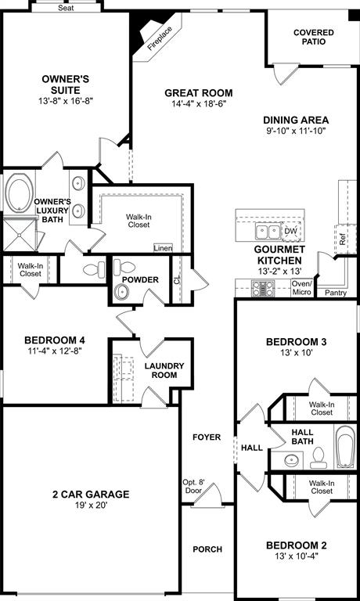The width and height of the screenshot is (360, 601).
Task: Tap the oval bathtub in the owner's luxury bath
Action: pos(17,192)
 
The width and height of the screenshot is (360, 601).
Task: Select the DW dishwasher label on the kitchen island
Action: pos(290,232)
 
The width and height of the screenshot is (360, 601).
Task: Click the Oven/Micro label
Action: pos(301,288)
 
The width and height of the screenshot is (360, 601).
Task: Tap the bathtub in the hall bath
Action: pos(344,447)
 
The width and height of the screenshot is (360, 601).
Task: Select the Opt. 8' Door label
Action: pos(193,486)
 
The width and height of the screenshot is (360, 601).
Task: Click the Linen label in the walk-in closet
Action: pos(162,248)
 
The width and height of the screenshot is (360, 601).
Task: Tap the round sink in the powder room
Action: pos(122,292)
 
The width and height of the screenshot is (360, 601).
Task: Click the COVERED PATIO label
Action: pos(313,38)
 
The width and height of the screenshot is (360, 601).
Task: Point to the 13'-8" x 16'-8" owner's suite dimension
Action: pos(65,102)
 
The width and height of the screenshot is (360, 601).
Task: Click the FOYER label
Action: pos(207,437)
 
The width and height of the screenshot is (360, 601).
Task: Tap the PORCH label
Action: pos(207,549)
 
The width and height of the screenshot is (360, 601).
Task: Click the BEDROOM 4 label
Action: pos(54,340)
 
